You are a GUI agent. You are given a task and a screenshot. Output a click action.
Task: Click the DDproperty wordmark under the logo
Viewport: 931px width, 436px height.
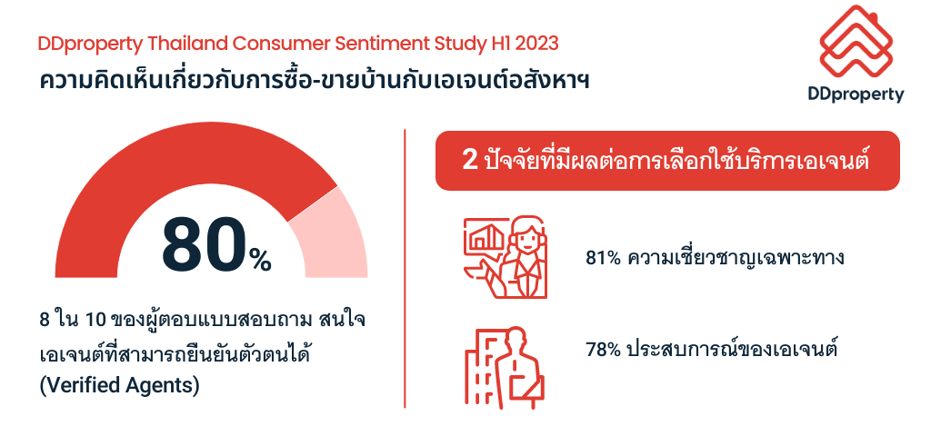[x=856, y=94]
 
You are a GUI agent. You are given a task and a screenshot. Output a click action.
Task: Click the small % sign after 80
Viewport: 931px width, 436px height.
[x=260, y=260]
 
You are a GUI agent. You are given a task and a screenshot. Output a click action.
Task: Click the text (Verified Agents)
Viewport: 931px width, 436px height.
[x=119, y=385]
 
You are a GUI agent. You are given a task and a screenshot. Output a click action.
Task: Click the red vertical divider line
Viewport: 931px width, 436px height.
[x=405, y=268]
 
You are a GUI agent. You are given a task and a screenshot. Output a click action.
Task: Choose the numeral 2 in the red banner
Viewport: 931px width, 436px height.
[x=470, y=161]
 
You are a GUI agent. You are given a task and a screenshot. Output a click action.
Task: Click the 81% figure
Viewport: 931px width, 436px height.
[x=604, y=259]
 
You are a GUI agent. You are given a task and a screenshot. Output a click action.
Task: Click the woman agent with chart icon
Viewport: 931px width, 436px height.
[x=506, y=257]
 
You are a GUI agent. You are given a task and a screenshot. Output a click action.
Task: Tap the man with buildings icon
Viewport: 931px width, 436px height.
[x=505, y=368]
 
